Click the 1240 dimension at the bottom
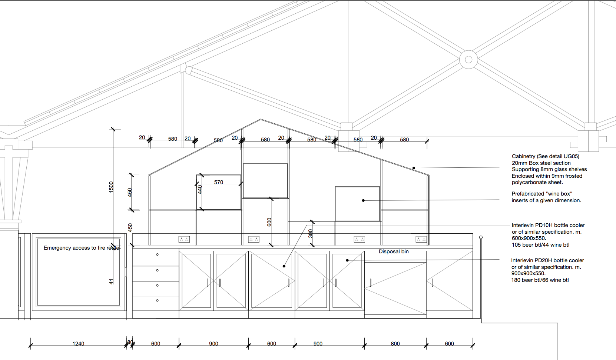coord(78,343)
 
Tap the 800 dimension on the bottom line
coord(395,343)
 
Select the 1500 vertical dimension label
coord(111,187)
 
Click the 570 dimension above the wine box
coord(219,182)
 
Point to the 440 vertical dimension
coord(200,190)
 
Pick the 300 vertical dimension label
coord(311,234)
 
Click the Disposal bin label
coord(394,251)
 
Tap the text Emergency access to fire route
coord(82,248)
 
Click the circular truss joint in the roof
coord(468,59)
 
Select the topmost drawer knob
coord(157,254)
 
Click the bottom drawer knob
coord(157,300)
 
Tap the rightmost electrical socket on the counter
coord(421,239)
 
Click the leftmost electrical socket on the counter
coord(184,239)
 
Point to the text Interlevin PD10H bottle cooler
coord(548,225)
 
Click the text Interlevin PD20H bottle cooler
coord(547,260)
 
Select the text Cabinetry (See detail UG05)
coord(545,156)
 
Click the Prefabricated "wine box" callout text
coord(546,197)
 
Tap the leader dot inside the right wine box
coord(363,201)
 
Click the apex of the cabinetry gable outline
coord(261,119)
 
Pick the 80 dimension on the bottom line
coord(130,343)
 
